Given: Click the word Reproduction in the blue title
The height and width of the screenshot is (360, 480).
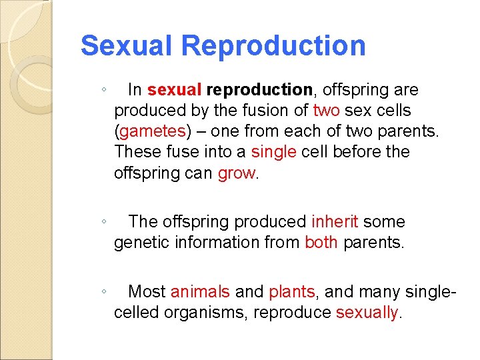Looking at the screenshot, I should (273, 46).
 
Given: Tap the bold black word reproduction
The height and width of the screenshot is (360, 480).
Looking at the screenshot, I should (260, 89).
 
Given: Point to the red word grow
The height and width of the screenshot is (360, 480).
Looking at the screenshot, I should (237, 173).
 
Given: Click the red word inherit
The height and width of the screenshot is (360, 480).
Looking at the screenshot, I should (335, 221).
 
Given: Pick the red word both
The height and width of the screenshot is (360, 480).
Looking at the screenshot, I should (321, 243).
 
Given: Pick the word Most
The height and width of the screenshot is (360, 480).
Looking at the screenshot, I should (147, 291).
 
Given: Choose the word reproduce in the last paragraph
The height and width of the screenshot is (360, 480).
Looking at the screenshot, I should (294, 313).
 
